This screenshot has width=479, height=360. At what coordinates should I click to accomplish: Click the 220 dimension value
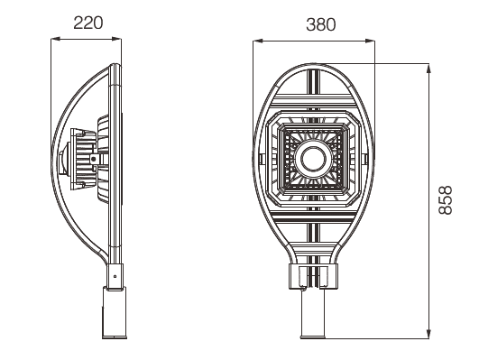coord(88,23)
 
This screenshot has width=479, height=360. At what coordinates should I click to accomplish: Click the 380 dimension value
coord(321,24)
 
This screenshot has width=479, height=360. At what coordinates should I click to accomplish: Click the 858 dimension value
coord(445,200)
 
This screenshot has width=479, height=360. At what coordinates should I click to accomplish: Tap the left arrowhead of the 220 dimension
coord(55,39)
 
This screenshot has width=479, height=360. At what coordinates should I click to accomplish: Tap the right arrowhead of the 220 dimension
coord(116,39)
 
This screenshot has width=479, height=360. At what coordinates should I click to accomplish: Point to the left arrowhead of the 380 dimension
coord(257,41)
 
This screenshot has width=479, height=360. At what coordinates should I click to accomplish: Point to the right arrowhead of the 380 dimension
coord(370,41)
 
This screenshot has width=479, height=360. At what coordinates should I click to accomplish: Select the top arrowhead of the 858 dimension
coord(428,69)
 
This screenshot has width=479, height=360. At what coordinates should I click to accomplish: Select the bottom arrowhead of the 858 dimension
coord(428,334)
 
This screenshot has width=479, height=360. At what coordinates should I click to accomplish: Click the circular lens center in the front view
coord(313,159)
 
